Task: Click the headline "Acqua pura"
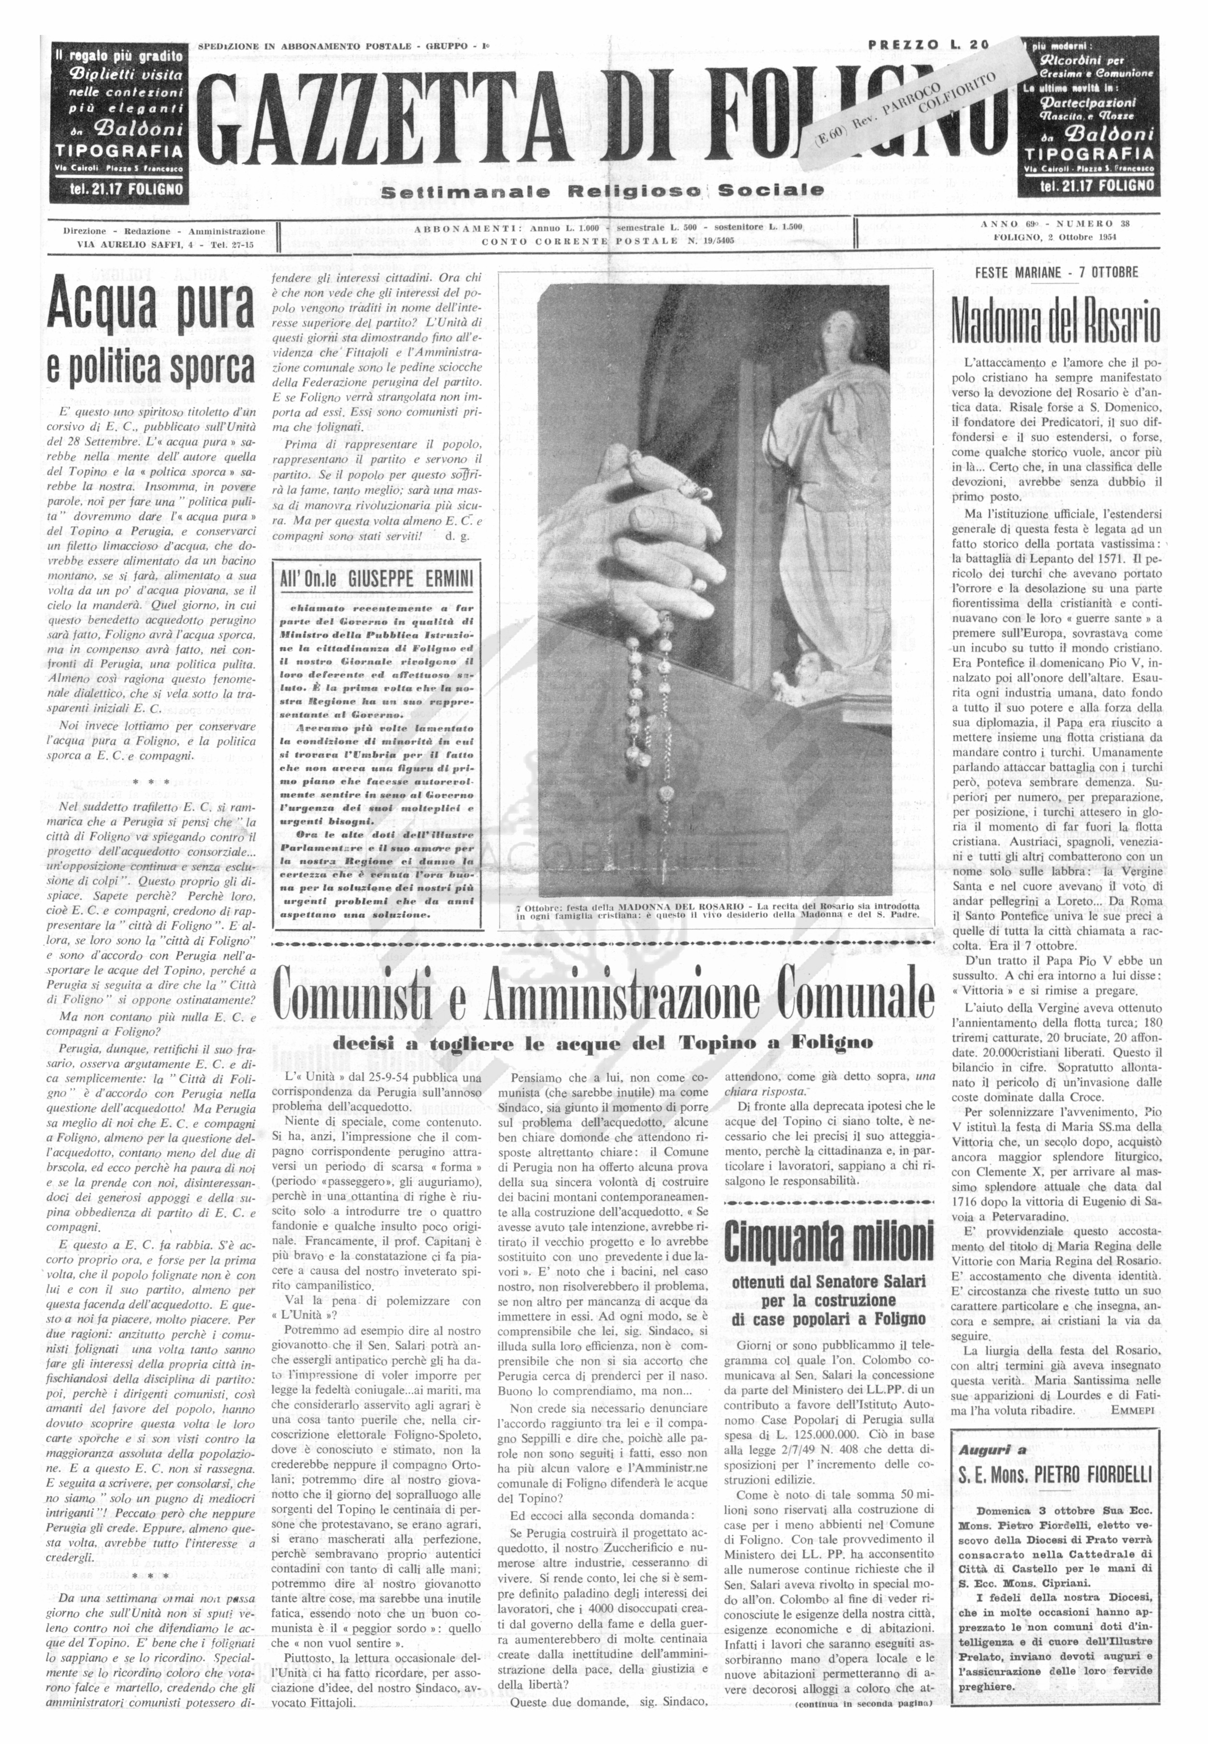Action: pyautogui.click(x=151, y=306)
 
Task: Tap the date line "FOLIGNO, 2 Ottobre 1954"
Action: pyautogui.click(x=1055, y=237)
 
